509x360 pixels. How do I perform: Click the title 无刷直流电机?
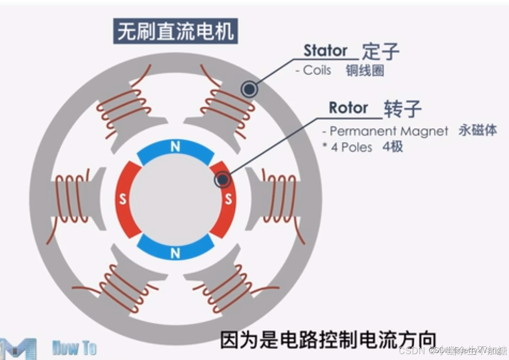point(175,31)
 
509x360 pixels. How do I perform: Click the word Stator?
point(325,51)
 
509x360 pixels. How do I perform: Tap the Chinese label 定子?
point(381,52)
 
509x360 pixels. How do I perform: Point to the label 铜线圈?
point(365,70)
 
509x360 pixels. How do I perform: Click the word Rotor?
point(348,108)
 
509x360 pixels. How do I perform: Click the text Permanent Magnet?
point(389,131)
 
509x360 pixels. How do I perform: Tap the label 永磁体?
point(478,131)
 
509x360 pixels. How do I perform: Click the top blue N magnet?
point(175,149)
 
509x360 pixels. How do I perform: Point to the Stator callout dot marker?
point(249,89)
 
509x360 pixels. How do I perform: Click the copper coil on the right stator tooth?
point(280,197)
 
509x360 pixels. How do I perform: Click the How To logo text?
point(74,348)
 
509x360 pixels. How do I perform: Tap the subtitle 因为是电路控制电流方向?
point(328,340)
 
